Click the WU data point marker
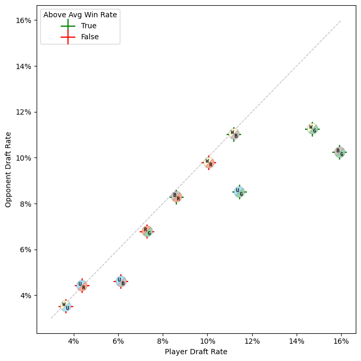(x=66, y=307)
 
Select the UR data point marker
(x=82, y=286)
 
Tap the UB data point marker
(x=121, y=281)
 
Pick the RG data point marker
(x=147, y=231)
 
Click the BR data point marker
(x=176, y=197)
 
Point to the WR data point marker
(x=209, y=163)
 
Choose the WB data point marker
(x=234, y=134)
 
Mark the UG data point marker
(x=240, y=192)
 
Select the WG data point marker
(x=312, y=129)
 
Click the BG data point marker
(x=340, y=152)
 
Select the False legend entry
(x=89, y=37)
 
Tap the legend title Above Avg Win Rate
(x=80, y=15)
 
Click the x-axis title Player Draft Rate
(x=196, y=352)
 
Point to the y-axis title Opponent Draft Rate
(x=8, y=169)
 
